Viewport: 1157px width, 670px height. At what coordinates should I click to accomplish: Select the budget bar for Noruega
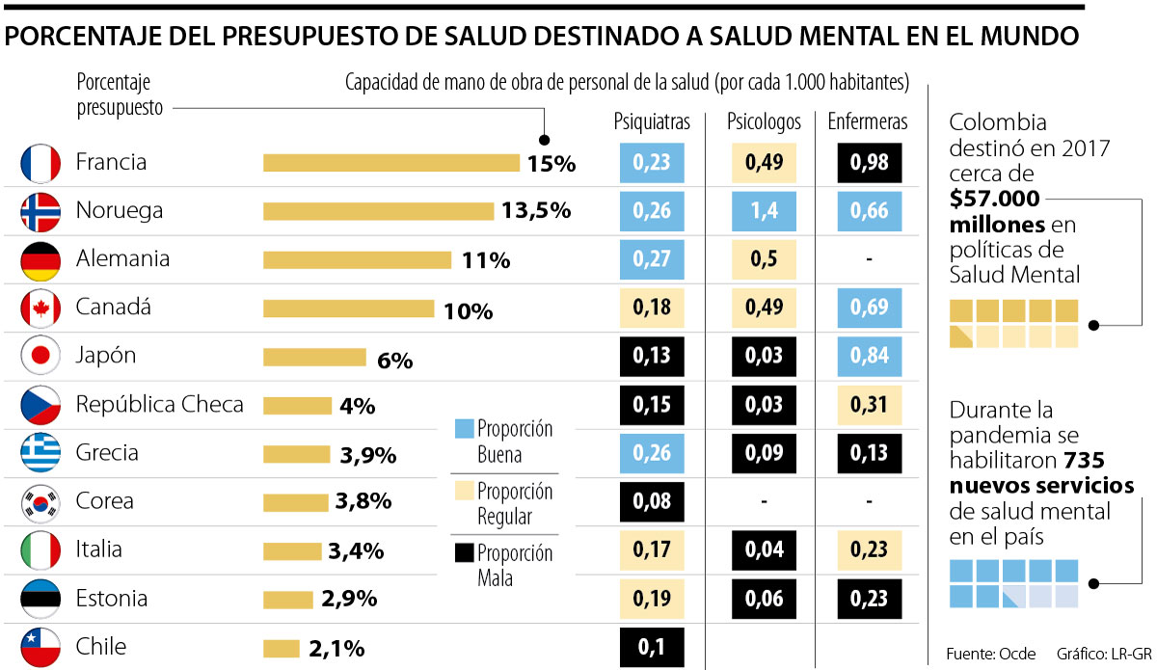(x=378, y=211)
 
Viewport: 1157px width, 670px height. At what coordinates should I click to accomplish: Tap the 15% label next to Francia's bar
(x=551, y=163)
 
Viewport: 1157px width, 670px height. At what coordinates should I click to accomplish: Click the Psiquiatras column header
(x=652, y=122)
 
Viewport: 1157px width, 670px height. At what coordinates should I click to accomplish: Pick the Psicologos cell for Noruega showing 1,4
(x=764, y=211)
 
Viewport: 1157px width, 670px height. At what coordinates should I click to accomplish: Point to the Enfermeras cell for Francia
(x=869, y=163)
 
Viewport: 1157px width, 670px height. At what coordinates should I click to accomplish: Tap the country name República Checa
(x=159, y=405)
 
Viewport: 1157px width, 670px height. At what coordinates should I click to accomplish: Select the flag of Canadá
(x=40, y=308)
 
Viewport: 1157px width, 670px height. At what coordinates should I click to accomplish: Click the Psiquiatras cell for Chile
(x=652, y=647)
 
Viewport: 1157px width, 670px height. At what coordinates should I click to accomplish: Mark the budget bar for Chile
(x=282, y=649)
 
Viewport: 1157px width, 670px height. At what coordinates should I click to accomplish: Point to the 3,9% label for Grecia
(x=368, y=454)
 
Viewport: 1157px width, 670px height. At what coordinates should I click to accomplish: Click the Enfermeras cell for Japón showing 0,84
(x=869, y=357)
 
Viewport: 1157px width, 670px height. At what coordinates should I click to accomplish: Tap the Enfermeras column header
(x=868, y=122)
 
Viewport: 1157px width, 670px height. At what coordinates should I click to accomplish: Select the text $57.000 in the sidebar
(x=993, y=200)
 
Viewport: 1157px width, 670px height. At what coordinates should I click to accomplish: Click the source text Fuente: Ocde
(x=991, y=654)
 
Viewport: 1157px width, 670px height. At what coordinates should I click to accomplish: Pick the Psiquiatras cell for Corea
(x=652, y=502)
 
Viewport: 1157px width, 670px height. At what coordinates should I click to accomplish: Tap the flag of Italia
(x=40, y=550)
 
